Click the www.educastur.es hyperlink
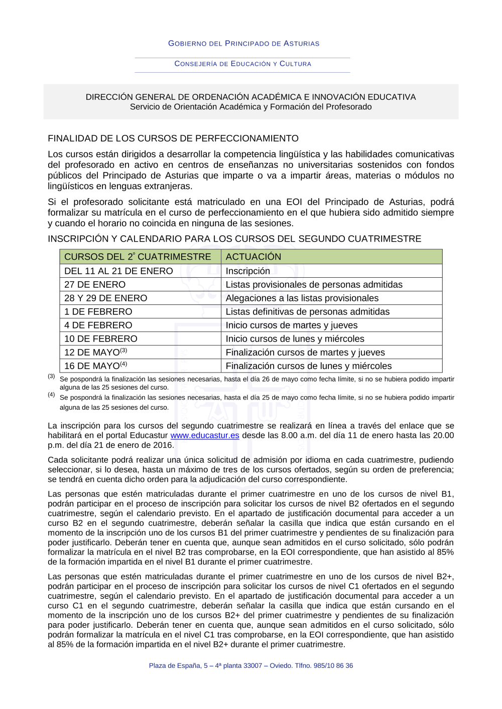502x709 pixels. coord(205,435)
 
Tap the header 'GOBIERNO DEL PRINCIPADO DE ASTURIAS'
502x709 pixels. coord(243,44)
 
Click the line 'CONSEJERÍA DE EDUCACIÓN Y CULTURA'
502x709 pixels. coord(243,64)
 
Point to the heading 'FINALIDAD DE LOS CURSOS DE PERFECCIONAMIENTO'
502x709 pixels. coord(173,138)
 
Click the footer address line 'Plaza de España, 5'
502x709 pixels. coord(251,665)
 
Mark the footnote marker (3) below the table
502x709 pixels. coord(51,376)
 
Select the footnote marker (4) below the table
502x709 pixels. coord(51,395)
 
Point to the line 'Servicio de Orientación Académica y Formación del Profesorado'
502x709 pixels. coord(250,107)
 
